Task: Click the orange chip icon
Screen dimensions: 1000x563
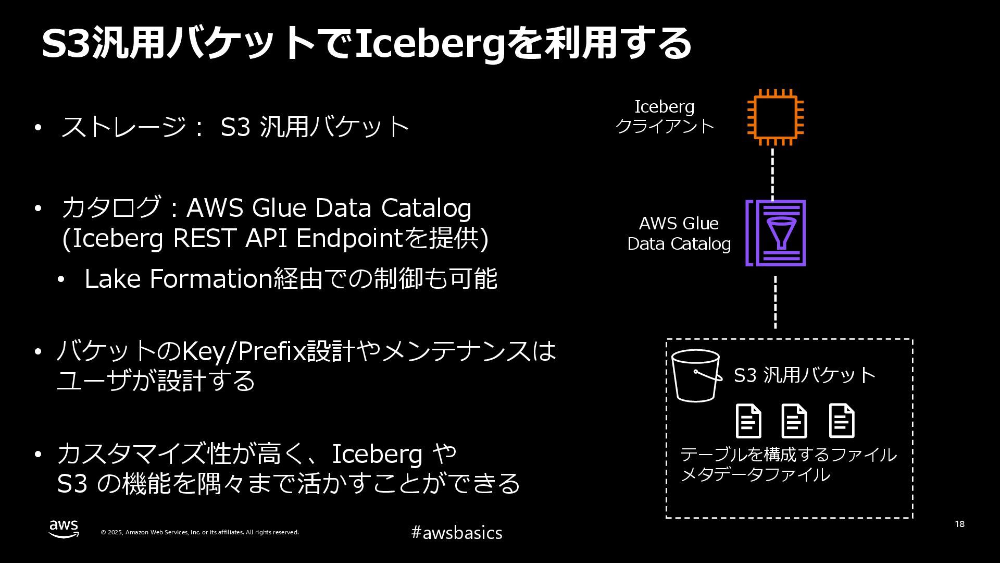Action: pyautogui.click(x=775, y=117)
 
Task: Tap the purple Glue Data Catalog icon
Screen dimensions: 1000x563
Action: pyautogui.click(x=776, y=233)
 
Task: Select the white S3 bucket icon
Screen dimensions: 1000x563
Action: pyautogui.click(x=696, y=376)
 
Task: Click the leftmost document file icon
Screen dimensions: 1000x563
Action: pyautogui.click(x=748, y=421)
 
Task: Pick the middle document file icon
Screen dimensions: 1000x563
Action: pyautogui.click(x=794, y=421)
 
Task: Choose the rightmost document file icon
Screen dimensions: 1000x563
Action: pyautogui.click(x=842, y=421)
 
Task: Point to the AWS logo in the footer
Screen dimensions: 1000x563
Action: pyautogui.click(x=64, y=529)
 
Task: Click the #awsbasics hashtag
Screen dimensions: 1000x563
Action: pyautogui.click(x=457, y=533)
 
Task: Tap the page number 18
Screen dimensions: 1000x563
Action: pyautogui.click(x=959, y=524)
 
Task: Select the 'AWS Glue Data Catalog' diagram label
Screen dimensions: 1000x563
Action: pyautogui.click(x=679, y=234)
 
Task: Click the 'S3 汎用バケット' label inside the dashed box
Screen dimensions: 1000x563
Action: pyautogui.click(x=804, y=375)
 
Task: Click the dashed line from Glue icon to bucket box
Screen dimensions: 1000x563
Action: pyautogui.click(x=776, y=302)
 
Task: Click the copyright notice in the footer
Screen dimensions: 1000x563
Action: pyautogui.click(x=199, y=532)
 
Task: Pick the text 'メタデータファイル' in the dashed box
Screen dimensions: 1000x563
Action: pyautogui.click(x=755, y=475)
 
